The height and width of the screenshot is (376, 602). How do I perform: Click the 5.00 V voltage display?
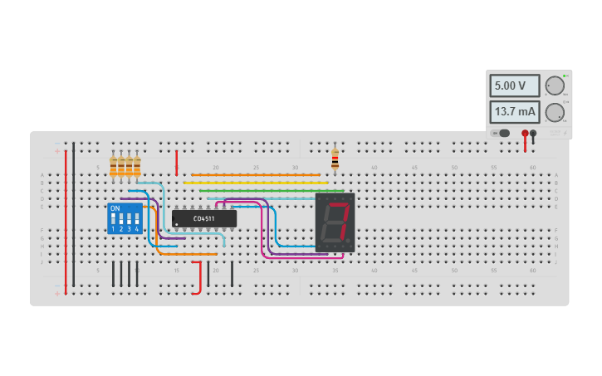[x=514, y=85]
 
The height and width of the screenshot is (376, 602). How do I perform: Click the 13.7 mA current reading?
[x=514, y=112]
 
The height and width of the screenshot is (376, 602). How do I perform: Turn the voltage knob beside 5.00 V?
[x=555, y=85]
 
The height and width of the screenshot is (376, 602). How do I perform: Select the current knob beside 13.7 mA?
[x=555, y=113]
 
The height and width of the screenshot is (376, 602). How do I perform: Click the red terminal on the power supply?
[x=525, y=133]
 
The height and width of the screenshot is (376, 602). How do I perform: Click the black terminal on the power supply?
[x=533, y=133]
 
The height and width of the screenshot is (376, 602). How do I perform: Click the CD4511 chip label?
[x=203, y=218]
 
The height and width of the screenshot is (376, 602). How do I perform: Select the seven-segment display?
[x=335, y=222]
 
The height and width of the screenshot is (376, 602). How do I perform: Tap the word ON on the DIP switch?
[x=115, y=208]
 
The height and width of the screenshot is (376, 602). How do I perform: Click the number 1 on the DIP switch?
[x=113, y=228]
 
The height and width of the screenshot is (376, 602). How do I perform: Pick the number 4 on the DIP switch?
[x=136, y=228]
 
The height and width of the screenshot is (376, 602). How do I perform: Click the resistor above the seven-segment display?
[x=335, y=159]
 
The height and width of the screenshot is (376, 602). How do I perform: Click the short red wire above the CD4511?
[x=176, y=162]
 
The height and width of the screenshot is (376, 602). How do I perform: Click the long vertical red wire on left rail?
[x=66, y=216]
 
